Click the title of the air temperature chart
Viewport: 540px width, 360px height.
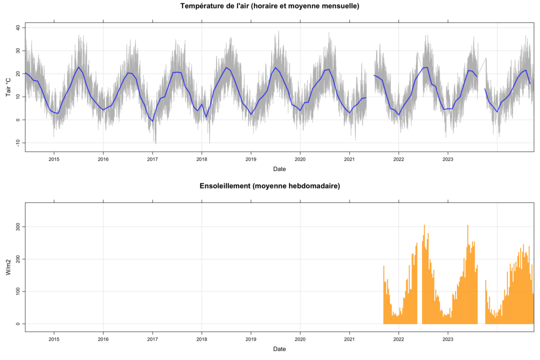click(269, 6)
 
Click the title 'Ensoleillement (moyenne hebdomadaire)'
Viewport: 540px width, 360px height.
click(269, 186)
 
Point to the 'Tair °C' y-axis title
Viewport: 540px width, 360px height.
click(8, 87)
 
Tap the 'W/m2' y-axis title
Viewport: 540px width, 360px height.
click(8, 267)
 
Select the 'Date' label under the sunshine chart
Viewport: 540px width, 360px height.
click(279, 348)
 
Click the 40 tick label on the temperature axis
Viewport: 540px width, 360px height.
click(17, 27)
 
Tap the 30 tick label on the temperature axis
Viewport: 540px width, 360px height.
click(17, 50)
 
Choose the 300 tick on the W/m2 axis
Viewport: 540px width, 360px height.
click(16, 226)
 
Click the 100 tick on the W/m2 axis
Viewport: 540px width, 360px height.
click(16, 291)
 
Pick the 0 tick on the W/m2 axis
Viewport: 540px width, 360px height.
click(17, 323)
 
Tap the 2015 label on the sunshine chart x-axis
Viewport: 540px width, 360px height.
click(54, 339)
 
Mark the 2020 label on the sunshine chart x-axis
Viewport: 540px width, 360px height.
click(300, 339)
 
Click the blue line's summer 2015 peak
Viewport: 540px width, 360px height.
click(78, 67)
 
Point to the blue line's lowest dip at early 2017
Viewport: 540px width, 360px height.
click(153, 121)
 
